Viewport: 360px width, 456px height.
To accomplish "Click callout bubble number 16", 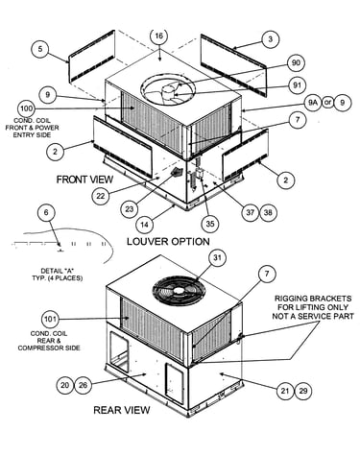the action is click(159, 36).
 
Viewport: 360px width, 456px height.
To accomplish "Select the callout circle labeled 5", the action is click(40, 49).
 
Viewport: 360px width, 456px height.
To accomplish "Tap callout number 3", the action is click(271, 39).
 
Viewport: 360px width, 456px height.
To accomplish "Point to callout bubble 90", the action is click(296, 62).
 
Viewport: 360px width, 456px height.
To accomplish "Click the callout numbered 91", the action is click(298, 85).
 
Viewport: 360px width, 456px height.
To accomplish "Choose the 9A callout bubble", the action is click(312, 103).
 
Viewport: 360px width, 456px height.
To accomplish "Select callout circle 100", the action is click(26, 108).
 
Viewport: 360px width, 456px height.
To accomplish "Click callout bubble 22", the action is click(101, 196).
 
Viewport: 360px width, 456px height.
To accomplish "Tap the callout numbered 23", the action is click(130, 209).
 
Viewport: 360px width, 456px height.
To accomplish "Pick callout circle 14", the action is click(145, 225).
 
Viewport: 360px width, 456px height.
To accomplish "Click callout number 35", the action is click(210, 224).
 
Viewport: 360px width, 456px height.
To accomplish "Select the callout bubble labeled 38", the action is click(268, 212).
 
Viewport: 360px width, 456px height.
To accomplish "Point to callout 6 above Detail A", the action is click(46, 213).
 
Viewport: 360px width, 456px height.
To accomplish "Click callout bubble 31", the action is click(217, 258).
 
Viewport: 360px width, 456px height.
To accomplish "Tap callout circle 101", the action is click(50, 319).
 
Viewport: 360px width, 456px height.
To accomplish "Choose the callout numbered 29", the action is click(303, 391).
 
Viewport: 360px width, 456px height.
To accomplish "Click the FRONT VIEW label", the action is click(84, 180).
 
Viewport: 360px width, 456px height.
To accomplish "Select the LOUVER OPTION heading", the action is click(168, 241).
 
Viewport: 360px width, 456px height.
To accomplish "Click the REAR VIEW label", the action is click(122, 410).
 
